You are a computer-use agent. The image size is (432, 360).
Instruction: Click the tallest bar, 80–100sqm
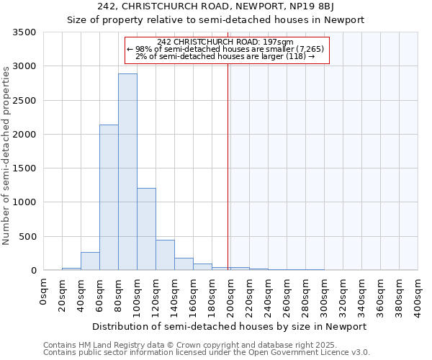point(127,173)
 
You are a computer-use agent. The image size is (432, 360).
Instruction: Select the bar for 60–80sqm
point(109,198)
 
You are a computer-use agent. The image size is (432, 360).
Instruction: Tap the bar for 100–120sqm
point(146,229)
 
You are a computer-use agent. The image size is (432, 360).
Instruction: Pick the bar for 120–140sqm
point(165,255)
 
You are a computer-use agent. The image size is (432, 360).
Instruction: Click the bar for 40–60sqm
point(90,261)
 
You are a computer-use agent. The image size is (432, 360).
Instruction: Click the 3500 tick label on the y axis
point(24,32)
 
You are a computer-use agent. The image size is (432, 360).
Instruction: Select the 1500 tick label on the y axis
point(24,168)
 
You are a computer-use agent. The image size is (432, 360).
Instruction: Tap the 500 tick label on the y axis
point(27,236)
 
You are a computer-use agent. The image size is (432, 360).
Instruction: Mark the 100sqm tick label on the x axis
point(138,295)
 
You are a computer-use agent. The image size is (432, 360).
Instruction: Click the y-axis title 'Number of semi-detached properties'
point(6,155)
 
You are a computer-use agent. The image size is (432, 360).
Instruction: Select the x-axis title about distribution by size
point(230,326)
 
